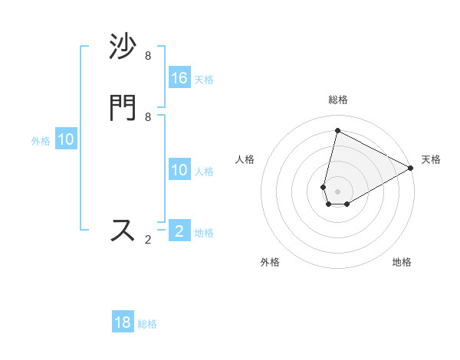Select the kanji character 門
123,108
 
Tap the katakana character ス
123,231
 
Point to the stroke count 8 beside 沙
148,56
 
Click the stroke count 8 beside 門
148,116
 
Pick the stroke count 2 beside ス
148,240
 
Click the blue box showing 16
179,78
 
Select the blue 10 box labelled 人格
179,170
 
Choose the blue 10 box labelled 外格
66,139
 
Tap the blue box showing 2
179,231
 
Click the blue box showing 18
123,322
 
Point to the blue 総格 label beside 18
148,324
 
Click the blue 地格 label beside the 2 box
205,232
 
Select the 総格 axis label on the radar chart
337,100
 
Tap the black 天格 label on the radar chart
431,159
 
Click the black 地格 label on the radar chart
402,262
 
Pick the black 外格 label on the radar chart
270,262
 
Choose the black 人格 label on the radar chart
245,159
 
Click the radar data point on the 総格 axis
337,131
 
